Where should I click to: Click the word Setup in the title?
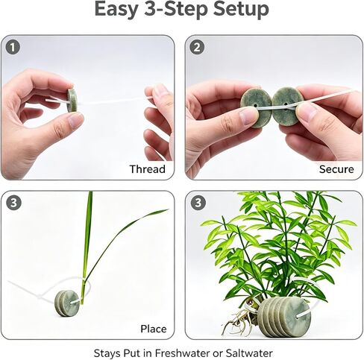click(x=241, y=10)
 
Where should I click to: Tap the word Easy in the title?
click(x=116, y=10)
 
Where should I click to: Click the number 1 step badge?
click(x=13, y=47)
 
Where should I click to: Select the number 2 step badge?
click(x=197, y=47)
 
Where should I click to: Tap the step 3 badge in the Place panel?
click(x=13, y=203)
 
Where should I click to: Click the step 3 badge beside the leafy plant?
click(x=198, y=203)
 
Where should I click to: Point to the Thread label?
click(x=148, y=169)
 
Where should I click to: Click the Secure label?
click(x=336, y=169)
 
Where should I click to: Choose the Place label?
click(x=154, y=329)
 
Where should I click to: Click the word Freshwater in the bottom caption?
click(x=183, y=353)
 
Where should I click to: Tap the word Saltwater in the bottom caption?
click(x=249, y=353)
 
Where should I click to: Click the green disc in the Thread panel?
click(x=72, y=100)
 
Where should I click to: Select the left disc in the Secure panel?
click(x=257, y=108)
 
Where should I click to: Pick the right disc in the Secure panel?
click(x=286, y=107)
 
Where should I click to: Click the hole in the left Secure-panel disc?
click(x=255, y=106)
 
